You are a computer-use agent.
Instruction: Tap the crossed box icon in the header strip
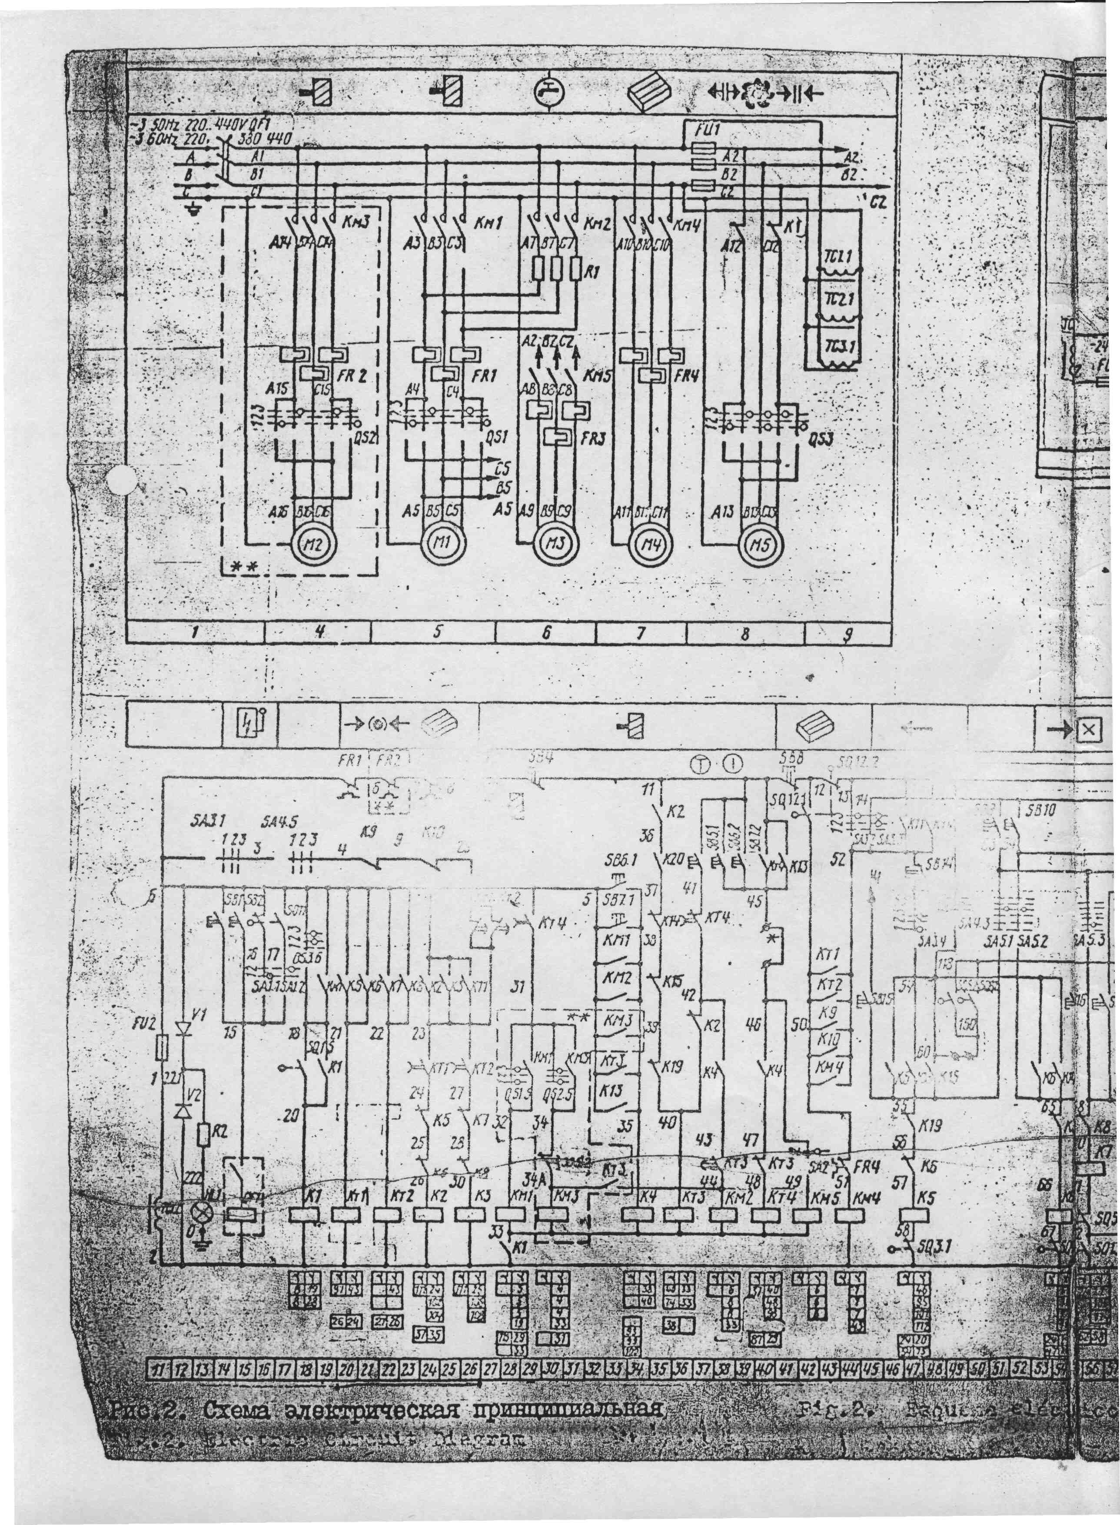click(1088, 729)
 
